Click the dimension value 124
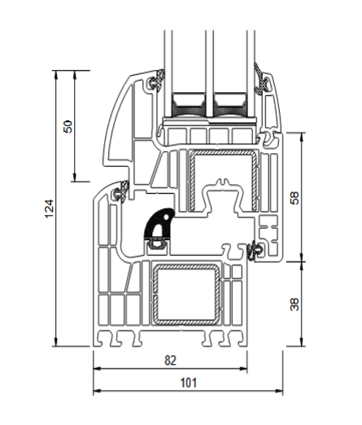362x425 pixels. pos(50,208)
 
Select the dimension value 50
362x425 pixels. pos(68,126)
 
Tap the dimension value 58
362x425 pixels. pos(294,198)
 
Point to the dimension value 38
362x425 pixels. pos(294,305)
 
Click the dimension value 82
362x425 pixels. pos(170,361)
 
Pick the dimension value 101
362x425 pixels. pos(189,383)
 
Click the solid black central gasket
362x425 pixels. pos(159,225)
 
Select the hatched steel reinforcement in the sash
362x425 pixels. pos(223,181)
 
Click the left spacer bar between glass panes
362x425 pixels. pos(188,103)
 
